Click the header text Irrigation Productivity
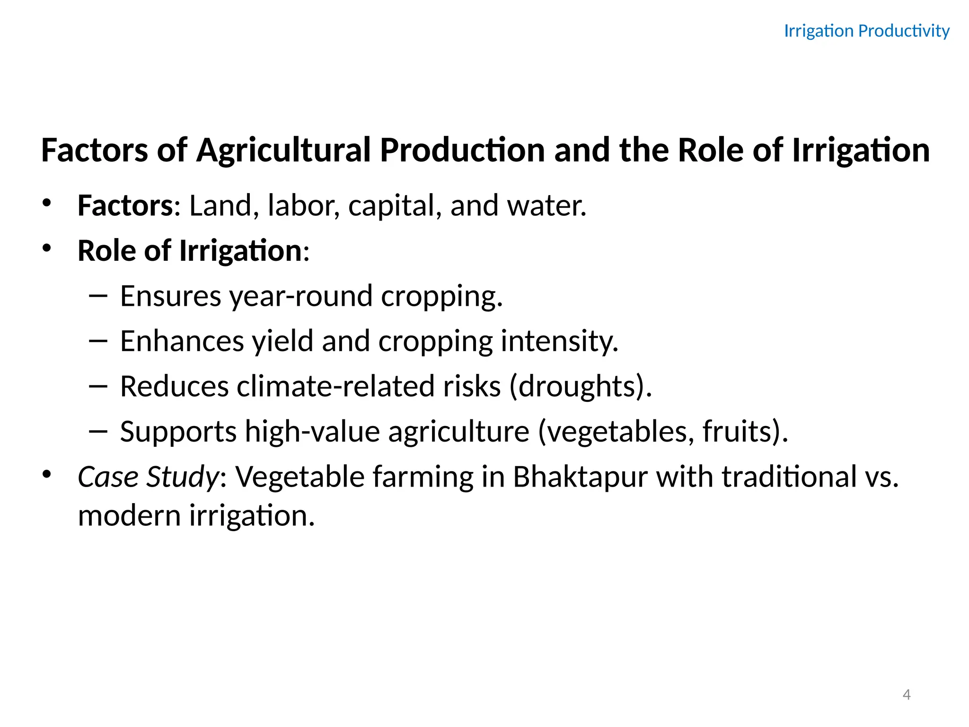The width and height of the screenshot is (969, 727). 866,31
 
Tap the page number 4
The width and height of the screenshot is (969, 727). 906,695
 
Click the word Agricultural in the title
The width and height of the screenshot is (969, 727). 283,151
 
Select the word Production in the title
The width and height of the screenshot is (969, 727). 462,151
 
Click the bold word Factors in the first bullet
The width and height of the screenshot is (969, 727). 125,206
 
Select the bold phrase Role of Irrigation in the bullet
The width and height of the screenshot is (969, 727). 190,251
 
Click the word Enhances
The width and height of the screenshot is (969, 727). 182,341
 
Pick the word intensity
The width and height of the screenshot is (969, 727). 559,341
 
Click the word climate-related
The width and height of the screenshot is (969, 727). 335,386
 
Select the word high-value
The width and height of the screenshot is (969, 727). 312,432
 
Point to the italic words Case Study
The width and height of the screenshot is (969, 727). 148,477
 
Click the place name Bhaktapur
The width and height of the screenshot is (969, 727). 580,477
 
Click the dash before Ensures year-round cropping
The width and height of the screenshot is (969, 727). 98,296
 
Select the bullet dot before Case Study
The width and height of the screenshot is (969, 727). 46,474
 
